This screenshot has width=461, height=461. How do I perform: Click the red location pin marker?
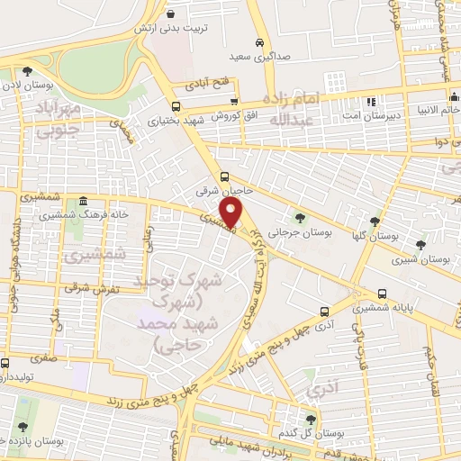tap(232, 212)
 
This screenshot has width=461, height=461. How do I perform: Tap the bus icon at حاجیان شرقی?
tap(224, 177)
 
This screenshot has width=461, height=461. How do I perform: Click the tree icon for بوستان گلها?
tap(375, 221)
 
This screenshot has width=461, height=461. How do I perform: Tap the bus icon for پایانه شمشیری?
tap(383, 294)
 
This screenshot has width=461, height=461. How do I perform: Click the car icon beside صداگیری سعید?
tap(258, 42)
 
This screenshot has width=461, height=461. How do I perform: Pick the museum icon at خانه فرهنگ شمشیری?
tap(83, 201)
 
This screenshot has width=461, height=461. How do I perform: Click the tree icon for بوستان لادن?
tap(28, 71)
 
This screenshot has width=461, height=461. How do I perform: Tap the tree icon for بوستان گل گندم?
tap(311, 419)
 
